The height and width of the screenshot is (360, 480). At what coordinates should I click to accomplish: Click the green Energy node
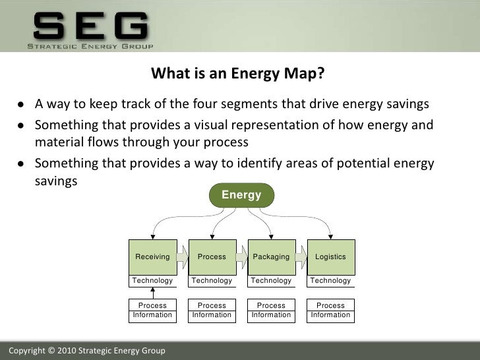pos(241,195)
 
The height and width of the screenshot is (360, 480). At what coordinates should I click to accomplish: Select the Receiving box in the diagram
pos(152,256)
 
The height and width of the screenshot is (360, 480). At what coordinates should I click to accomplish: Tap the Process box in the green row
pos(212,256)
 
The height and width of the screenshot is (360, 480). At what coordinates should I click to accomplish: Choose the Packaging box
pos(271,256)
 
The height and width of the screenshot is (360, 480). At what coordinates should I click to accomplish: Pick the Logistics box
pos(330,256)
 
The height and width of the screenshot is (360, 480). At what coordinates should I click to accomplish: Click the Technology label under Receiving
pos(152,281)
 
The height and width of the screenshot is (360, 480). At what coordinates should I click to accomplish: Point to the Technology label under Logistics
pos(330,281)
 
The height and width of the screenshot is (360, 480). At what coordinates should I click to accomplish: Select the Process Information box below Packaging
pos(271,311)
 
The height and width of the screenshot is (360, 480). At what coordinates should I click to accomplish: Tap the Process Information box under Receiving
pos(152,311)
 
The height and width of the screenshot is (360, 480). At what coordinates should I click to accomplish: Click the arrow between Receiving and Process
pos(183,256)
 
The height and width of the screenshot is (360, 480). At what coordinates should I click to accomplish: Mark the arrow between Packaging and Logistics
pos(301,256)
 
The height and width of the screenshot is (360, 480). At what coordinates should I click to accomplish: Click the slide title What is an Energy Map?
pos(238,73)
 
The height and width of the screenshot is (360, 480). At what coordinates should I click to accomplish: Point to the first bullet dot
pos(22,105)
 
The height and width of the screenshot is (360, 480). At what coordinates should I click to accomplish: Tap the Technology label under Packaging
pos(271,281)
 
